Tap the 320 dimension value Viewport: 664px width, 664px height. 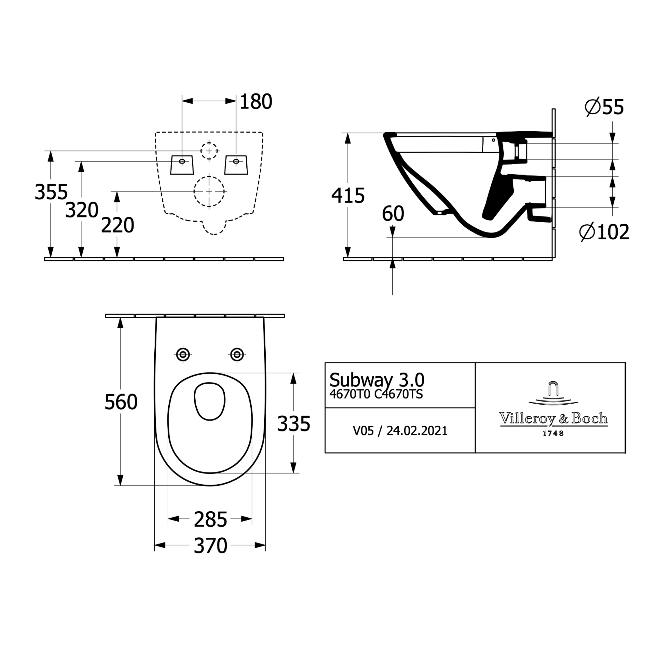82,210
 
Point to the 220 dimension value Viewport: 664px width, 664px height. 117,226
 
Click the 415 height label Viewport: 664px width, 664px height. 348,196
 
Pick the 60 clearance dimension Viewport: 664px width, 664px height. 393,214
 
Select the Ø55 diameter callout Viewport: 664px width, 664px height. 604,107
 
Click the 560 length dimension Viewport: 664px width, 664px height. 121,402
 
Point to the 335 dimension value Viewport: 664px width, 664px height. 294,424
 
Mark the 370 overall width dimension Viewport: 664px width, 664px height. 211,546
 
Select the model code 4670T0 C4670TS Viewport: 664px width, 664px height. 376,394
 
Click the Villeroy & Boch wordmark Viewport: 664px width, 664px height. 553,419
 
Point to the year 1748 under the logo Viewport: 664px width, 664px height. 553,434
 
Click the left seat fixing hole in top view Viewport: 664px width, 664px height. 183,354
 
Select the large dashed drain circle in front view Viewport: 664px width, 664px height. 209,191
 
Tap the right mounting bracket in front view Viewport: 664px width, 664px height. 236,165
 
